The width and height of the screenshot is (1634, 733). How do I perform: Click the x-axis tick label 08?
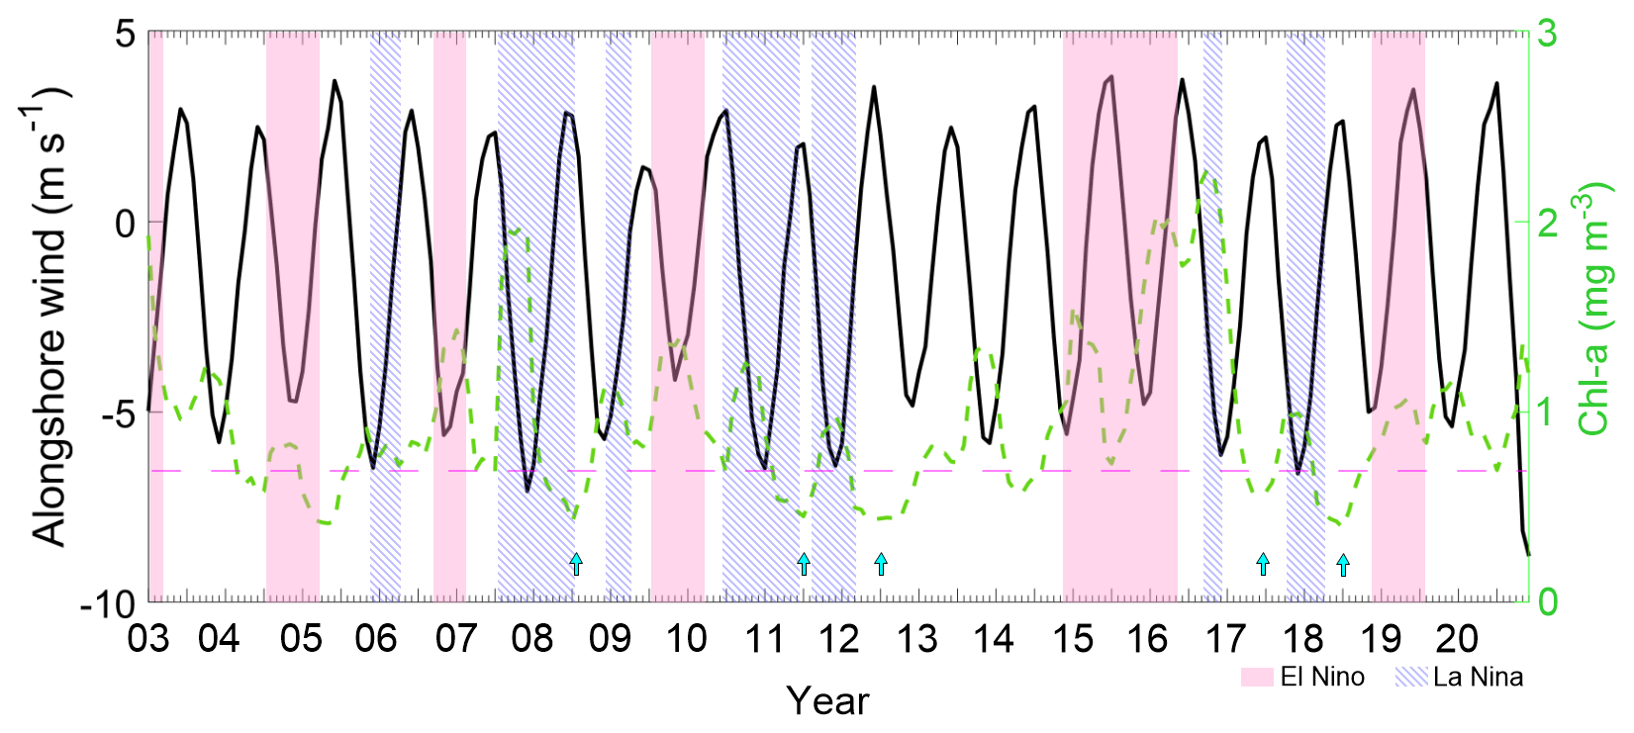pos(532,639)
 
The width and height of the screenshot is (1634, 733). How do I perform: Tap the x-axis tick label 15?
pos(1071,639)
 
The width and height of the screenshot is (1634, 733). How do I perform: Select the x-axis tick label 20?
pos(1456,639)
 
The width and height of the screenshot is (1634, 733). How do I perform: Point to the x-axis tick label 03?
pos(148,639)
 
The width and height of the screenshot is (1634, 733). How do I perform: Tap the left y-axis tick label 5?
pos(125,34)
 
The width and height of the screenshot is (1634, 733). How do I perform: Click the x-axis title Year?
pos(828,701)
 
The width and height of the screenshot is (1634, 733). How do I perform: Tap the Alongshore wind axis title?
pos(49,317)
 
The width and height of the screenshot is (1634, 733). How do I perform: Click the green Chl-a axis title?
pos(1594,309)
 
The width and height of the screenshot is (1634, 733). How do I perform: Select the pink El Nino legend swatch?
pos(1257,678)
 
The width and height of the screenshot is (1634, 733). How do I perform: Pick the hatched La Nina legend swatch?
pos(1411,678)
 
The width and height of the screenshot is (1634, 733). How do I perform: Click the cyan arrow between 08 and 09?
pos(576,565)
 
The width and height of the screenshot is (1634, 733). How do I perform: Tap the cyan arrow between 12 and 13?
pos(881,565)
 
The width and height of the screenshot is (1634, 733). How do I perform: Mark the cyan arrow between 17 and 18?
pos(1263,565)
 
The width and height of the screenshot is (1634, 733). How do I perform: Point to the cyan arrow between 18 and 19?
pos(1343,565)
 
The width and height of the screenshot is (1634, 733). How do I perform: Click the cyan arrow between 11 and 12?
pos(804,565)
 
